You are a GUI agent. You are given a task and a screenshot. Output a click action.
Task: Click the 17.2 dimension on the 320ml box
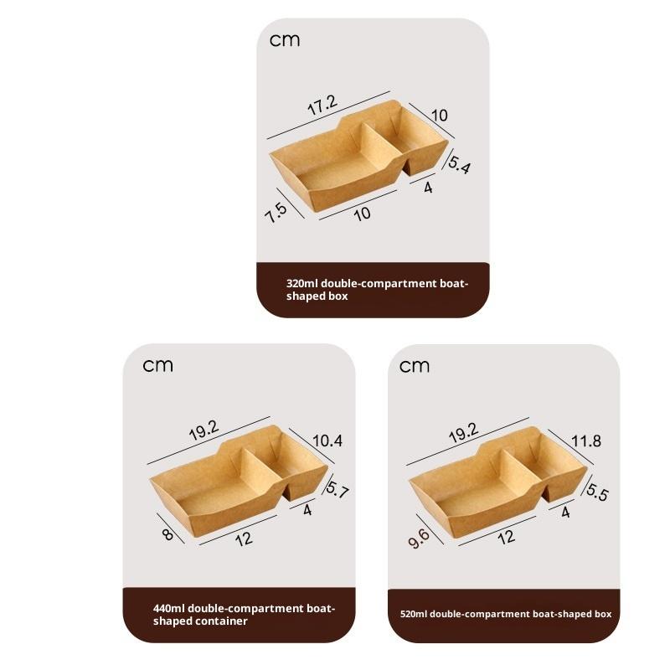pos(322,105)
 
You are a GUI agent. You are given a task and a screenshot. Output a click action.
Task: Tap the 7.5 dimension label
pos(276,213)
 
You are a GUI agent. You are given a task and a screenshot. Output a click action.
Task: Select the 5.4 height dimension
pos(459,165)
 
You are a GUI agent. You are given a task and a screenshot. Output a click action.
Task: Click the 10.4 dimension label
pos(327,441)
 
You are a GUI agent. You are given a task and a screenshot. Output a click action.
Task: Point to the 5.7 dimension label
pos(338,490)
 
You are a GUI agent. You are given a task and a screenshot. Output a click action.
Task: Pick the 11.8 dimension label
pos(586,441)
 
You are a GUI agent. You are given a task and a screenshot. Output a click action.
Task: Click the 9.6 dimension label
pos(419,539)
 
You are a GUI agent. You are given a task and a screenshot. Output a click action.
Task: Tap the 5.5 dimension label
pos(597,492)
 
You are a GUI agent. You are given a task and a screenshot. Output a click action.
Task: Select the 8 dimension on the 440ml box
pos(168,534)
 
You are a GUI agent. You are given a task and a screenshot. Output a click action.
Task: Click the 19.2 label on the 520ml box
pos(464,433)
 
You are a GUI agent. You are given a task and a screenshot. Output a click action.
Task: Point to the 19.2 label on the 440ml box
pos(204,430)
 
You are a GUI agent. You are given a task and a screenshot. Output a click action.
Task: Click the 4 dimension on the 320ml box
pos(428,188)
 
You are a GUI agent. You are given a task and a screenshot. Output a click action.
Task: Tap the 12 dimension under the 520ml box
pos(507,537)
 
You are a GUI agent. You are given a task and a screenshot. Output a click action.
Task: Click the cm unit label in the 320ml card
pos(285,40)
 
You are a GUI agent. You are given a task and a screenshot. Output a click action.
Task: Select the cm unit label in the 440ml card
pos(157,366)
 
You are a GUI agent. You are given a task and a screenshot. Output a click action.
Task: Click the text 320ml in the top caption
pos(302,283)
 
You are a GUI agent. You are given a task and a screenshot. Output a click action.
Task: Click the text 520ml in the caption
pos(414,614)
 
